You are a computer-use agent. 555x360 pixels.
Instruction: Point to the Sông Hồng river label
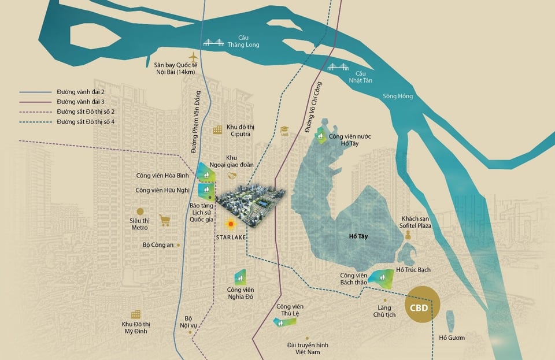point(397,97)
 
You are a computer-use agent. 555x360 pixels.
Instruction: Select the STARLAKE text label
point(230,236)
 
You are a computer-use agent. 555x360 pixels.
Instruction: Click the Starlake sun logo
point(231,224)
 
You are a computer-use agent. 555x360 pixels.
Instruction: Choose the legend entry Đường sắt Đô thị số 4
point(81,121)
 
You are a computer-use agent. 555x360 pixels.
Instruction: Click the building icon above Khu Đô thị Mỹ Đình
point(136,314)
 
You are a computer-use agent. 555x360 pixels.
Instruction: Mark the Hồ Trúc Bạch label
point(413,270)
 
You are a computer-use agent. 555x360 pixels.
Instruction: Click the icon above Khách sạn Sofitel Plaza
point(408,235)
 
